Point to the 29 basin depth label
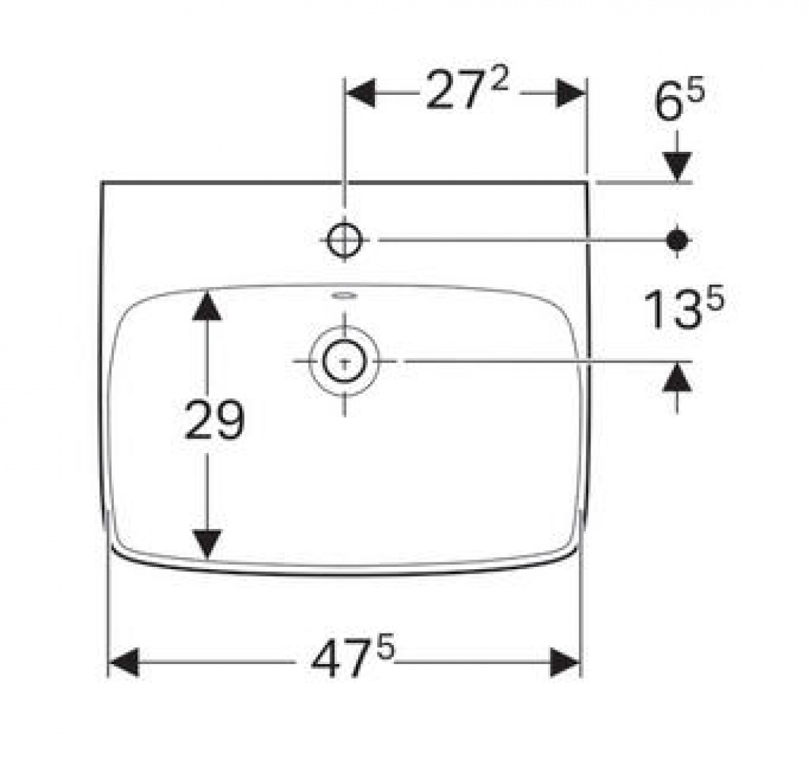(213, 420)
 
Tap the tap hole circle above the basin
(345, 240)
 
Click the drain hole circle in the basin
(345, 361)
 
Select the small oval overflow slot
(344, 296)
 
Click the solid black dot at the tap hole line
(678, 240)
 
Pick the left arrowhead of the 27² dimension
(360, 93)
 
